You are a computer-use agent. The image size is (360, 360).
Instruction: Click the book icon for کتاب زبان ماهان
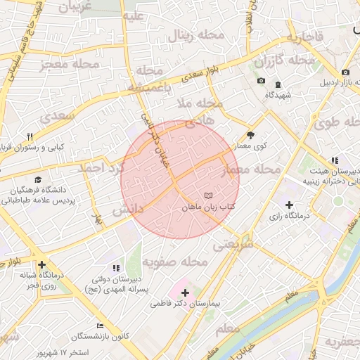click(x=207, y=195)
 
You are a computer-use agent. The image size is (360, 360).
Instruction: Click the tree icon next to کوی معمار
click(x=251, y=134)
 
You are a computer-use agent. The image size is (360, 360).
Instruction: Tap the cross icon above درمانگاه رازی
click(x=289, y=205)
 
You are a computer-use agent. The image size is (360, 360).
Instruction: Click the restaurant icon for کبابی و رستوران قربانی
click(x=30, y=136)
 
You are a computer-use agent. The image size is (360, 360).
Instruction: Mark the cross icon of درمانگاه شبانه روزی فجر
click(x=42, y=265)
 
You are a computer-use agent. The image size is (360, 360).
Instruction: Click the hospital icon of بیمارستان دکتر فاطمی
click(x=185, y=292)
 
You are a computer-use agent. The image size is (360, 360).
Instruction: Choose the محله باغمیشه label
click(x=150, y=79)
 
